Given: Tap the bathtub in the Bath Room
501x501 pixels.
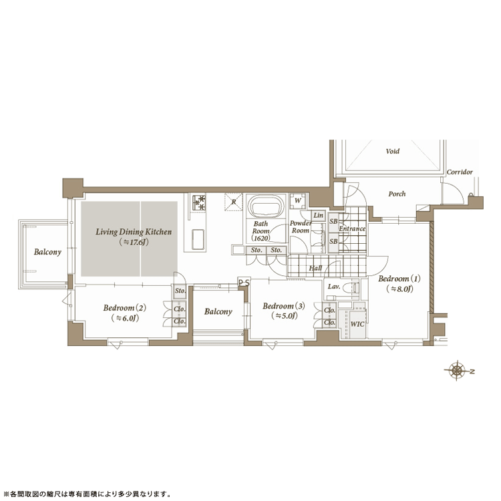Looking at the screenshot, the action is tap(266, 206).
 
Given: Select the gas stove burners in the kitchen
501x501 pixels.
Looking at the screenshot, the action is tap(199, 202).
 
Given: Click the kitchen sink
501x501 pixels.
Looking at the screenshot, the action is tap(198, 239).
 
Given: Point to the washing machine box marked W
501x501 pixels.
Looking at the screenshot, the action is tap(298, 201).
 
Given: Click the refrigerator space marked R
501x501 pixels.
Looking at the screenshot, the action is tap(234, 202).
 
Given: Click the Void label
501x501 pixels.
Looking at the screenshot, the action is tap(392, 151).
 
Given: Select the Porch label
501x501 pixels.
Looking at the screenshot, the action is tap(397, 194).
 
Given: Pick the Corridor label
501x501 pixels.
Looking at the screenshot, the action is tap(460, 172).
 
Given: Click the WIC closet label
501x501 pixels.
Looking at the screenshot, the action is tap(357, 324).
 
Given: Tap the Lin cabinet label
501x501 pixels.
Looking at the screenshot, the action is tap(318, 215).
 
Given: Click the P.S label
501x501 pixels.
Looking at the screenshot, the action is tap(244, 283).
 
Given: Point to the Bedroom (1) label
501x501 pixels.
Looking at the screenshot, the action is tap(399, 279).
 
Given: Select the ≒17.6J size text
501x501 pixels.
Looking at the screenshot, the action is tap(134, 242).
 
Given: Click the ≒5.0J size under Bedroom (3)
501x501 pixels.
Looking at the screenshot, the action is tap(285, 316).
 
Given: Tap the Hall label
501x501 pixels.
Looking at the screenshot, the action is tap(315, 269).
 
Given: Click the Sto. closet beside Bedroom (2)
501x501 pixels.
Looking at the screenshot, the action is tap(180, 291).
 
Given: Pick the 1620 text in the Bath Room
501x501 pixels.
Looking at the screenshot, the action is tap(261, 238).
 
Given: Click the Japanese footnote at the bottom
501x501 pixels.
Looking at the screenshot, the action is tap(86, 494).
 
